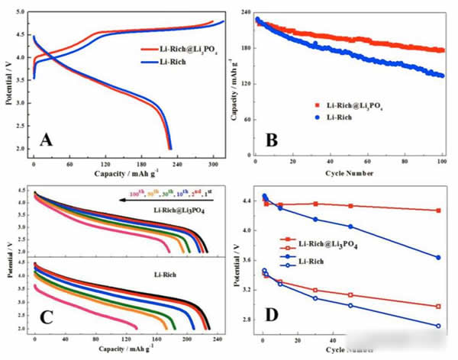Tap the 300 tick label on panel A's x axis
click(209, 163)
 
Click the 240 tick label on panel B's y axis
click(241, 13)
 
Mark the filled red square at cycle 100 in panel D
click(438, 211)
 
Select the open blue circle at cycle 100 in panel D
click(438, 326)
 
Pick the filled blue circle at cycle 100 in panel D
click(438, 257)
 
